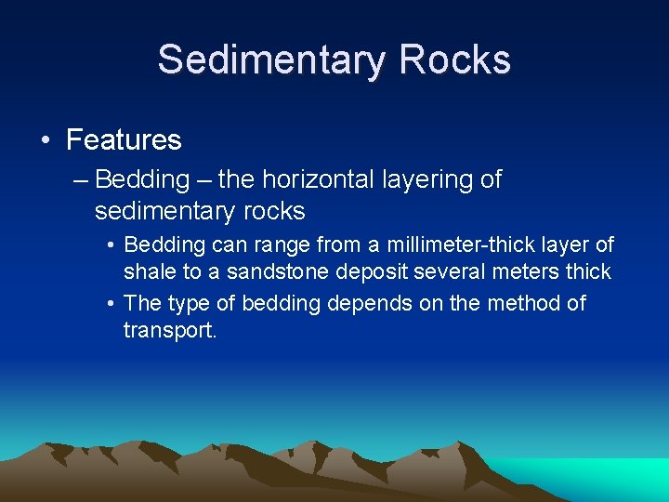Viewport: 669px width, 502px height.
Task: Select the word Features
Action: [124, 140]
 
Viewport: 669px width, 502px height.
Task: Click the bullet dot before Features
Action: [45, 140]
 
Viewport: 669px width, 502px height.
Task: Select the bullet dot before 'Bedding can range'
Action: [111, 245]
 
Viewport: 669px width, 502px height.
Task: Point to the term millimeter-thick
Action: [458, 245]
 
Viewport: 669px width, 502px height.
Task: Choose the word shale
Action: [150, 272]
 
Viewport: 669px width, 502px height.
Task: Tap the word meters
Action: [525, 272]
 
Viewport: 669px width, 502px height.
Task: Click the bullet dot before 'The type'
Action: [111, 304]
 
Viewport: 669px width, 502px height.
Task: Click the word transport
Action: [168, 331]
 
